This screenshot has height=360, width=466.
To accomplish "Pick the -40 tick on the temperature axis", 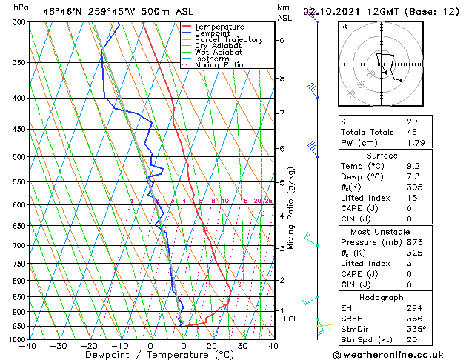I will (29, 346).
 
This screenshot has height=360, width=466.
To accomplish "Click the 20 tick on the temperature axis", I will (212, 346).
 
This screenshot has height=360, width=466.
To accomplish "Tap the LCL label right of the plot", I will (291, 319).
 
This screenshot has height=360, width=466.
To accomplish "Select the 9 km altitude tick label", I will (282, 41).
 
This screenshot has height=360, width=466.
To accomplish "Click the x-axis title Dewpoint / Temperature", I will (150, 355).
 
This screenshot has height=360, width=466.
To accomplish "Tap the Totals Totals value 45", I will (411, 132).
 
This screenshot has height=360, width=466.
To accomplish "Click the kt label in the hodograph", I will (344, 26).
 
